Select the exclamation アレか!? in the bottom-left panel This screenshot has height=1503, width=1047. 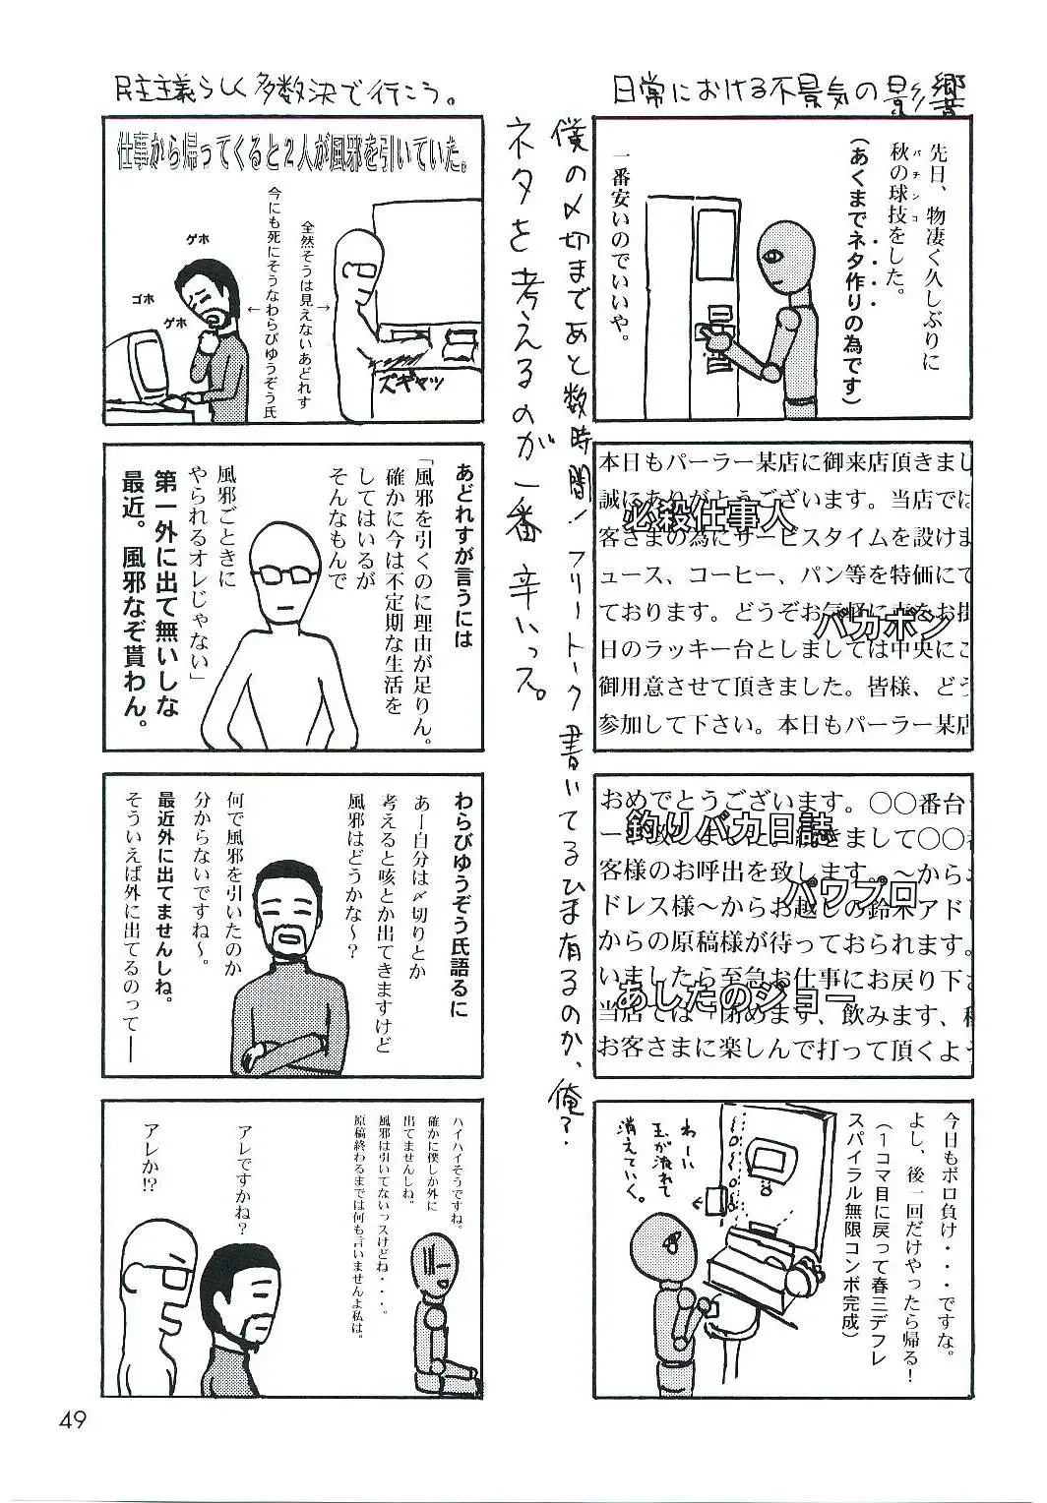point(153,1157)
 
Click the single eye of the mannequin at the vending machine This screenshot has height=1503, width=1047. point(774,258)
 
